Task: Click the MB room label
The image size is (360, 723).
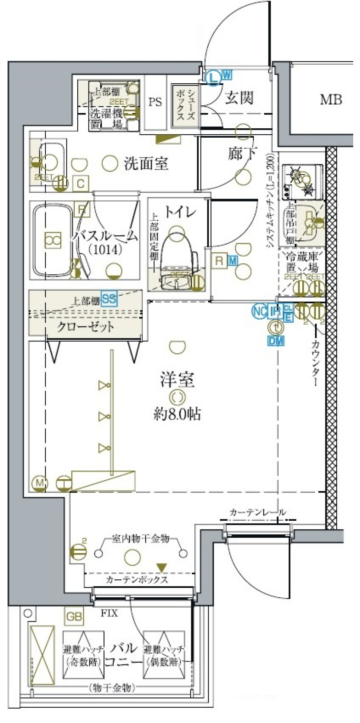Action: [331, 100]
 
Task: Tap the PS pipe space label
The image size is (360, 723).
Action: [155, 102]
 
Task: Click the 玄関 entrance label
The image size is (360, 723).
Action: [239, 98]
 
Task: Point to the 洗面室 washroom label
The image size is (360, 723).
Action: [145, 164]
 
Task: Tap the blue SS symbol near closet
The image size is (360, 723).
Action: [109, 299]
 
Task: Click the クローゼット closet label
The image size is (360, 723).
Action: [85, 327]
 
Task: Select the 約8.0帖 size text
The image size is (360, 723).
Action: [177, 414]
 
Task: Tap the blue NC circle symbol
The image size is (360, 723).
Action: [259, 311]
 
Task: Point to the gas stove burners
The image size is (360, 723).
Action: [302, 182]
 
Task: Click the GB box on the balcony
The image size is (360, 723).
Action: [74, 616]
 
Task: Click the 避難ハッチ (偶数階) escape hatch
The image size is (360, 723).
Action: [164, 655]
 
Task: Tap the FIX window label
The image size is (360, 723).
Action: [109, 613]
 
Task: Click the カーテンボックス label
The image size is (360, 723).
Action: [137, 580]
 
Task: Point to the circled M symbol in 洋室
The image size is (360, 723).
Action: [39, 484]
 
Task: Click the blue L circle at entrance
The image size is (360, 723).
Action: [213, 78]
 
